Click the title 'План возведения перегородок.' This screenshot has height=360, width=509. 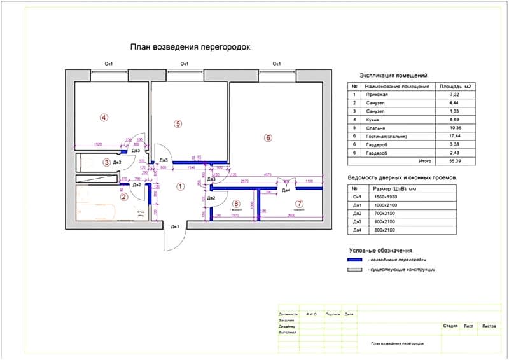pos(192,47)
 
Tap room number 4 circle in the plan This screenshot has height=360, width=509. pos(104,117)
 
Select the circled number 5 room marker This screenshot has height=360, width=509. pos(178,123)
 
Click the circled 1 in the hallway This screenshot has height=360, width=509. pos(180,186)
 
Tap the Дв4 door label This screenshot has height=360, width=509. pos(286,190)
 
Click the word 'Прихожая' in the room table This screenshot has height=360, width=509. pos(378,94)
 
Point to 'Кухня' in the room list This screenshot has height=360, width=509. pos(375,119)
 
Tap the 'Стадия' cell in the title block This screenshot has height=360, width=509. pos(450,326)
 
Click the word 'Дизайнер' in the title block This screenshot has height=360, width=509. pos(288,326)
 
